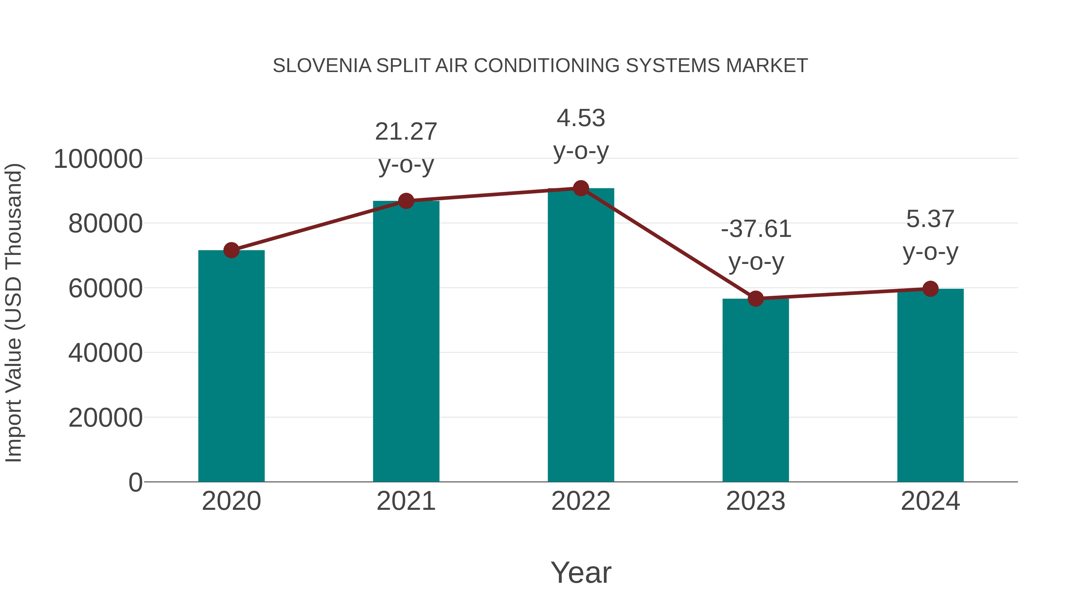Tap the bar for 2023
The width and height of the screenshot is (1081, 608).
[x=755, y=390]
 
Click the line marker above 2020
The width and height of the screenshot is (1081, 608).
[x=231, y=250]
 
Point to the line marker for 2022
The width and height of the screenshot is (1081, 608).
[x=581, y=188]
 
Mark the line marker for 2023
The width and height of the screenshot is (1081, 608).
[x=755, y=298]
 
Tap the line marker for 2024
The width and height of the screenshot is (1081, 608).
[x=930, y=289]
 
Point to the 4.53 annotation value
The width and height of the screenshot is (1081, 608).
[x=581, y=118]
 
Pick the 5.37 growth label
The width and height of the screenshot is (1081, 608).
[x=930, y=219]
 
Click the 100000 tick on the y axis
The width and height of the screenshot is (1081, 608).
[x=98, y=159]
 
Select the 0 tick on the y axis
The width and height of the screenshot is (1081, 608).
[x=135, y=482]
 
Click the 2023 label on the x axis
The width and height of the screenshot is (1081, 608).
[x=755, y=501]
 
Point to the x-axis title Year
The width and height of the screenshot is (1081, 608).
[x=581, y=572]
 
